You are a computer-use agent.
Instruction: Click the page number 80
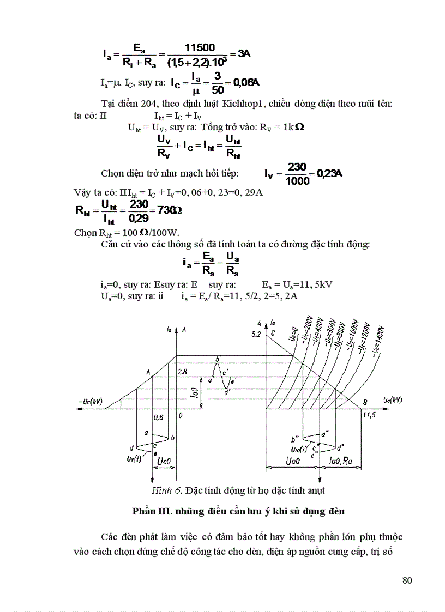click(x=407, y=580)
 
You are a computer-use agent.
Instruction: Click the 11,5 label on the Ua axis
click(x=370, y=415)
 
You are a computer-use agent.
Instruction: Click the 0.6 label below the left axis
click(x=159, y=417)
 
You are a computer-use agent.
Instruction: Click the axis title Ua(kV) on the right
click(x=392, y=400)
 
